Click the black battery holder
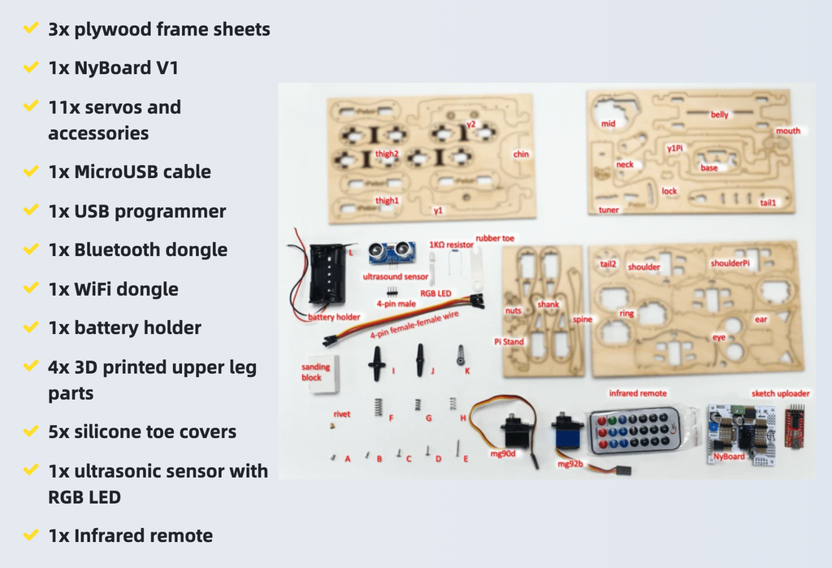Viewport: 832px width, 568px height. (327, 274)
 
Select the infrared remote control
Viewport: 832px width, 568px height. (634, 430)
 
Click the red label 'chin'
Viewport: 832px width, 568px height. (521, 154)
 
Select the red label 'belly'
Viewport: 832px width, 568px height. (719, 115)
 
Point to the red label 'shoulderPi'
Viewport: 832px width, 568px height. (730, 263)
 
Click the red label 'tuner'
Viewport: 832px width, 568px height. (609, 210)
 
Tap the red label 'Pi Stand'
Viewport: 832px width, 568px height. (509, 342)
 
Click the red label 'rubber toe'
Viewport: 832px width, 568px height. (495, 238)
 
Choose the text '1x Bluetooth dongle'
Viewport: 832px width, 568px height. (137, 249)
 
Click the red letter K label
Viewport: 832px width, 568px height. (467, 370)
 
